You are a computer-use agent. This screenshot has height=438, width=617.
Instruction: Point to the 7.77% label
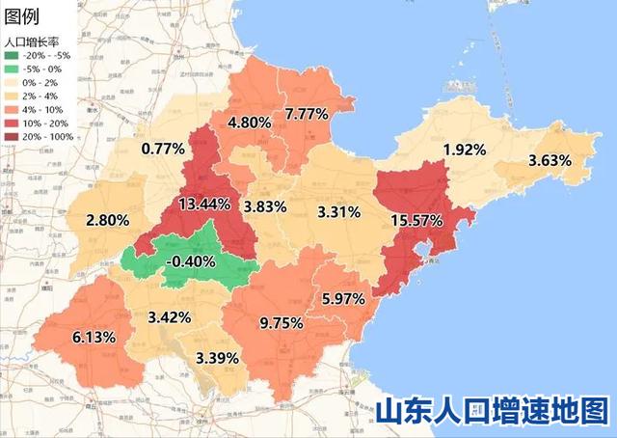tap(307, 114)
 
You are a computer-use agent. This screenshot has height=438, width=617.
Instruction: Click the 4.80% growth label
tap(249, 123)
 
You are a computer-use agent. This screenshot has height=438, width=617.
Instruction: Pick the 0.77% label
tap(162, 149)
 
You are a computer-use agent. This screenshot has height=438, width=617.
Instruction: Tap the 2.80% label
tap(107, 220)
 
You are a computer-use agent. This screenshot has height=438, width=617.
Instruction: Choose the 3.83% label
tap(265, 206)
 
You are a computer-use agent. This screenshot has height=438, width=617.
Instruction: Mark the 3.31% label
tap(338, 211)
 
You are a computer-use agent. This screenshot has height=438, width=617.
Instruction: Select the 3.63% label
tap(550, 160)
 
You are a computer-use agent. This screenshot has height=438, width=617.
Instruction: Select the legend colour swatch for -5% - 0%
tap(11, 68)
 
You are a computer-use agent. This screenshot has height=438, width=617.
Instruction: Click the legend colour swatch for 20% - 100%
tap(11, 136)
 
